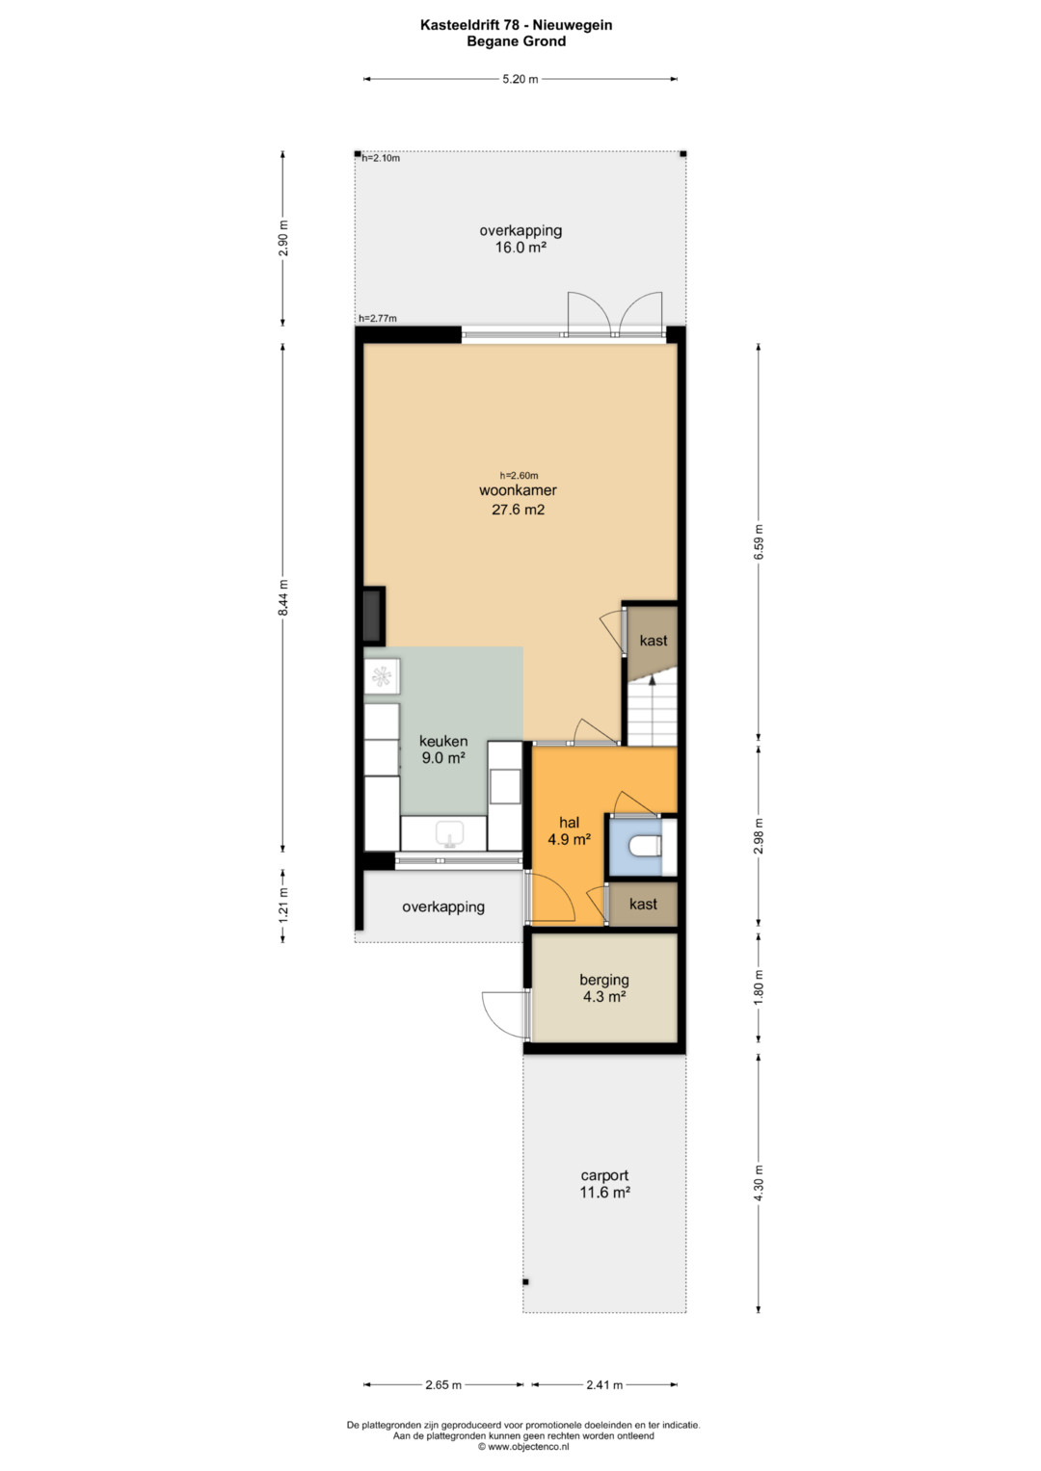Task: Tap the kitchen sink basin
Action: coord(449,832)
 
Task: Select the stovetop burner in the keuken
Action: coord(382,676)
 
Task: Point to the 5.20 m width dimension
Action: coord(520,79)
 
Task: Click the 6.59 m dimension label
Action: coord(760,541)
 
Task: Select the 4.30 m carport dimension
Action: coord(760,1183)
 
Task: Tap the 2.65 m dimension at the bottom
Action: coord(443,1385)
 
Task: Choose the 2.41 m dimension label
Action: coord(604,1385)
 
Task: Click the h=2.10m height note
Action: coord(381,158)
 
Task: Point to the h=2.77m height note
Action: coord(377,319)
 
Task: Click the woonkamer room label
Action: coord(518,490)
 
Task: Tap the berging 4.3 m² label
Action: coord(604,988)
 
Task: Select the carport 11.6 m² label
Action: coord(604,1184)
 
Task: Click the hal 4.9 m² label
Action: coord(569,830)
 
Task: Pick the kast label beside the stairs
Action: coord(654,641)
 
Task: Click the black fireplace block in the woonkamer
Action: coord(374,616)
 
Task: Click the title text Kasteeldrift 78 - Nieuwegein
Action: coord(516,25)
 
